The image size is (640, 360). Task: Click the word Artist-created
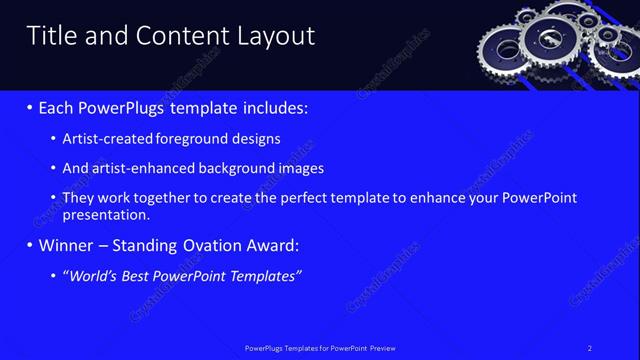tap(104, 139)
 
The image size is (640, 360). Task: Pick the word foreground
tap(187, 139)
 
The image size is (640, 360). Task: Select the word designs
tap(254, 139)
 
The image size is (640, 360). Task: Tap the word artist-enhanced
tap(134, 169)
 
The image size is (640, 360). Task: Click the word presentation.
tap(106, 215)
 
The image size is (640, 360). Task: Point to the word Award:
tap(271, 245)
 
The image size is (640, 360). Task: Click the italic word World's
tap(91, 275)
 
